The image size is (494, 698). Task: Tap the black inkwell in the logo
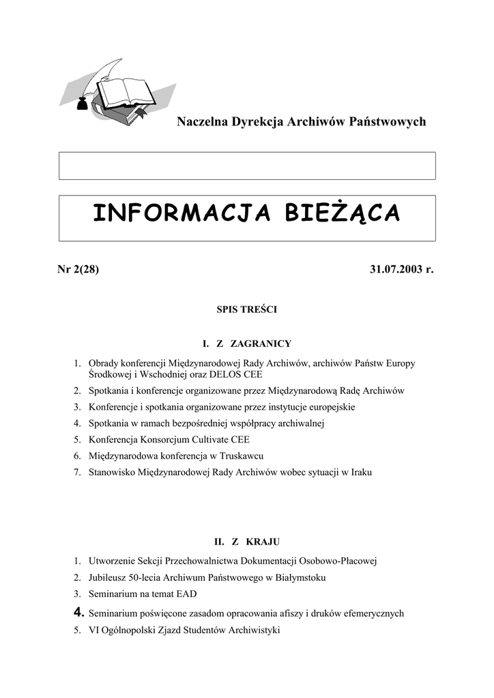(x=81, y=104)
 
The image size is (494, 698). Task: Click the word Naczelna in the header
(x=201, y=122)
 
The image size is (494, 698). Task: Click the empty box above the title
(x=247, y=166)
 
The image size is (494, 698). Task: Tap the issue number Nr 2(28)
(x=78, y=269)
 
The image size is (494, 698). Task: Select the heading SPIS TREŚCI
(x=246, y=309)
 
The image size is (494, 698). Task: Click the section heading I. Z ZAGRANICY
(x=247, y=344)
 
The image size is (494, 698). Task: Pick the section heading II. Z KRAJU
(x=247, y=542)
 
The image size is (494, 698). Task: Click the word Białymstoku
(x=297, y=577)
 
